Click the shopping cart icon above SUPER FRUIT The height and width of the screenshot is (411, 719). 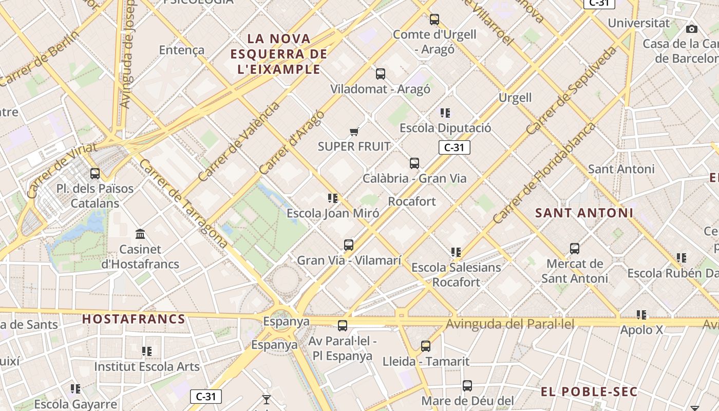coord(354,132)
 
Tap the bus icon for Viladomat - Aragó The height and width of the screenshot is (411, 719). coord(380,74)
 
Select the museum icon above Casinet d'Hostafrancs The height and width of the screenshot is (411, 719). coord(140,234)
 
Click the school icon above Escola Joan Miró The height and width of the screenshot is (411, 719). coord(333,198)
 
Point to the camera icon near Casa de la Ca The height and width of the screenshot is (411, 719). coord(692,29)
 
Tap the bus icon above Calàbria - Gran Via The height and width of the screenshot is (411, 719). coord(414,163)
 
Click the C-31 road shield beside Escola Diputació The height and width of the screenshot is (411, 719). coord(454,147)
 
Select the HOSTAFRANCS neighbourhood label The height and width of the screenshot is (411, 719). coord(134,319)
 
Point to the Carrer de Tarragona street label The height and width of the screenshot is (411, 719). coord(183,203)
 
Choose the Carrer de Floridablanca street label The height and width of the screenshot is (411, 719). coord(544,173)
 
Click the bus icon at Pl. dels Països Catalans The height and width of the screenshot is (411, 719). coord(95,174)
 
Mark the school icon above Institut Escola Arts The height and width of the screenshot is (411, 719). coord(147,351)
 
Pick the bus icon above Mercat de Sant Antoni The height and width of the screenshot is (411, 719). coord(575,249)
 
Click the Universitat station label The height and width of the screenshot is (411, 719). coord(638,23)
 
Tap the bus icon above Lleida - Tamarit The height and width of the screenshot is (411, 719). coord(426,346)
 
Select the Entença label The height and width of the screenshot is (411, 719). coord(182,50)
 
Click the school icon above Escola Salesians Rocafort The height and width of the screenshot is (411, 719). coord(456,252)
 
